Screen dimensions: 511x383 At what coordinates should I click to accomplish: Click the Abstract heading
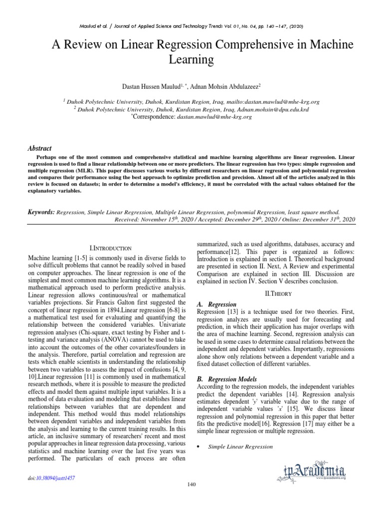39,148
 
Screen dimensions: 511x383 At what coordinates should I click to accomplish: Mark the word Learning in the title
191,60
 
